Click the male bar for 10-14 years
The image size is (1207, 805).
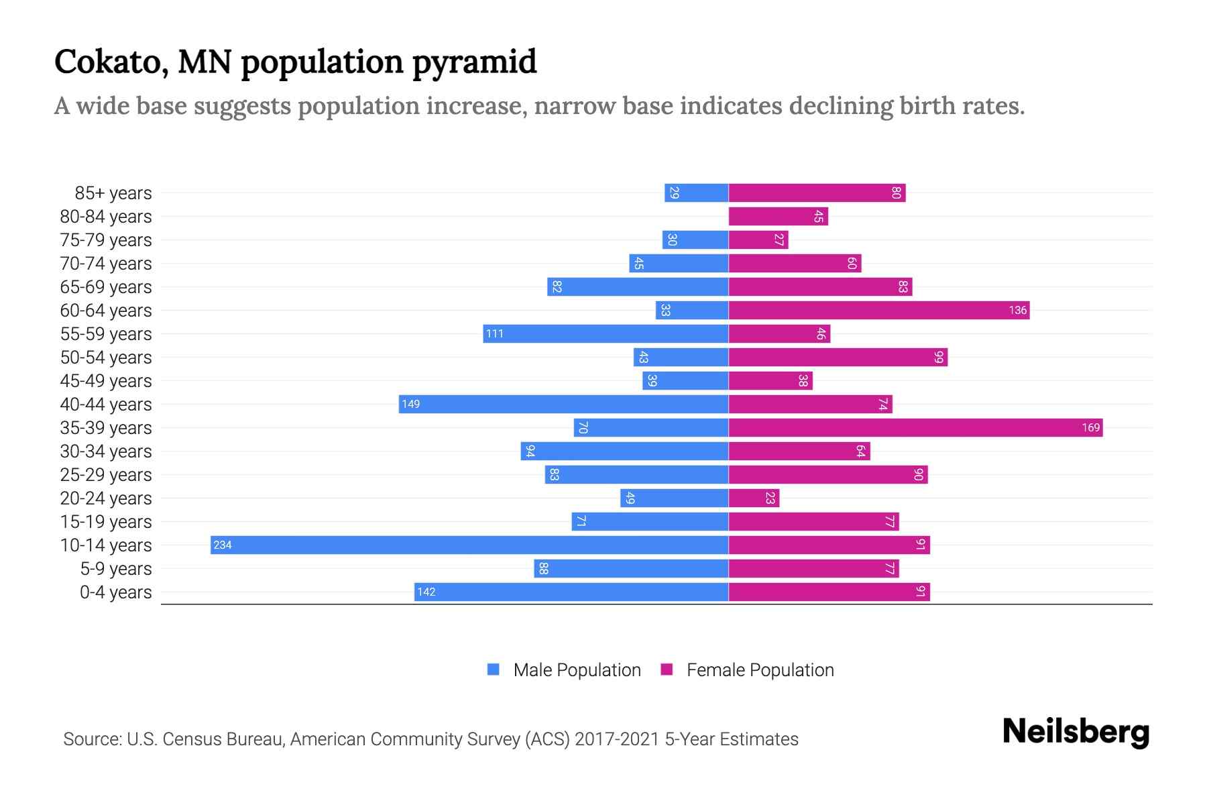click(x=469, y=545)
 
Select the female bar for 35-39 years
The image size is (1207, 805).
click(x=915, y=427)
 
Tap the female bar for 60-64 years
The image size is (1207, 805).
click(x=878, y=310)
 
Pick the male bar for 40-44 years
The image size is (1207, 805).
click(x=563, y=404)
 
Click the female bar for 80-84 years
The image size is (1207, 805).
click(x=778, y=216)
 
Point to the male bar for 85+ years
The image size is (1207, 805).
click(x=696, y=193)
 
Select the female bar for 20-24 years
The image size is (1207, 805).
click(x=754, y=498)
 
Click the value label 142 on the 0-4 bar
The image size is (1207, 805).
click(x=426, y=592)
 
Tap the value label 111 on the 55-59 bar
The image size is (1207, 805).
click(x=495, y=333)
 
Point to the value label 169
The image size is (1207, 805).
click(x=1090, y=427)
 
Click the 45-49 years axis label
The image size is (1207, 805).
click(x=106, y=380)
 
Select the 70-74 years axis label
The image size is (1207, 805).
click(x=106, y=263)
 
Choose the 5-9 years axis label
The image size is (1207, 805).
click(x=116, y=568)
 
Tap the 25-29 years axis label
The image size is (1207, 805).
click(x=106, y=474)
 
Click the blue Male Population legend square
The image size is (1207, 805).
click(x=494, y=669)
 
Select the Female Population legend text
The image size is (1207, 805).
click(x=760, y=669)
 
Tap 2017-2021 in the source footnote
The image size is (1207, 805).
click(x=617, y=739)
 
